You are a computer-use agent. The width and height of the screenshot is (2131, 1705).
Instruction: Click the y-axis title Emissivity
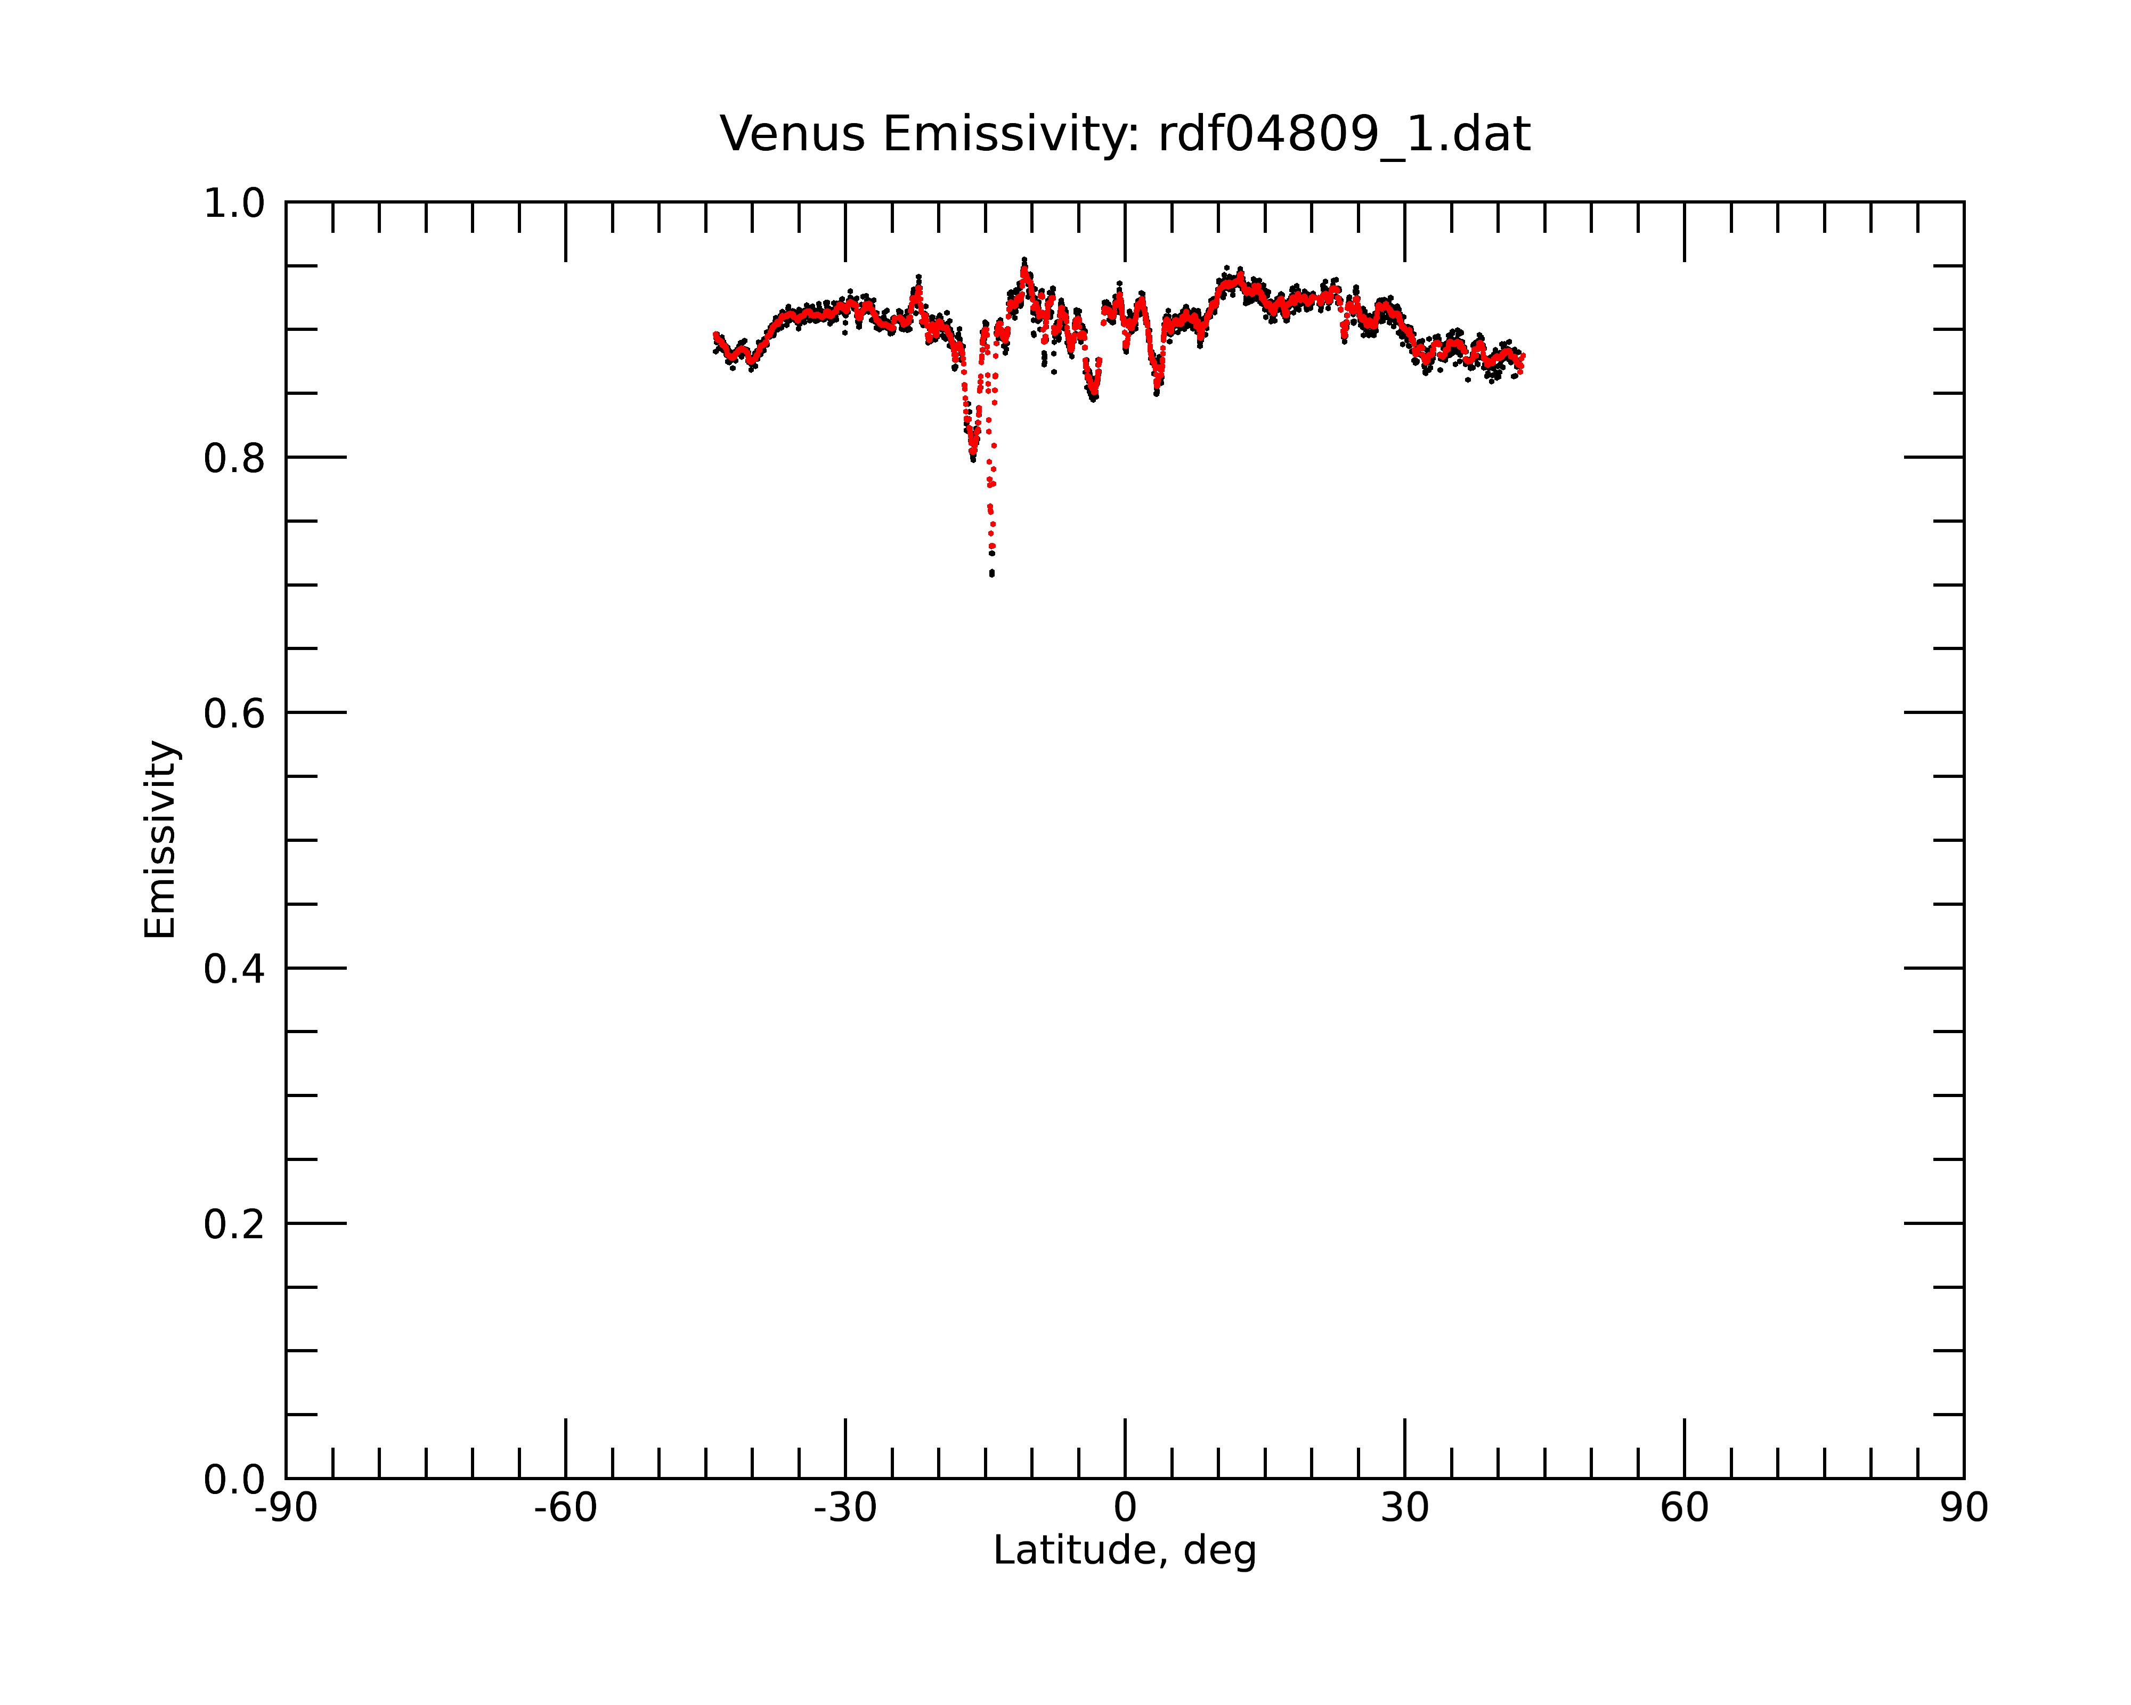pyautogui.click(x=160, y=839)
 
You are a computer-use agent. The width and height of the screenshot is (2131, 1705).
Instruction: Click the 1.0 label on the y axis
pyautogui.click(x=234, y=204)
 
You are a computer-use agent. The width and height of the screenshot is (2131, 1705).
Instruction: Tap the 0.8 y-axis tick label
pyautogui.click(x=234, y=459)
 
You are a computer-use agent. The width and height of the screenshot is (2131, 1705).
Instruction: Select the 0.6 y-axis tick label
pyautogui.click(x=234, y=713)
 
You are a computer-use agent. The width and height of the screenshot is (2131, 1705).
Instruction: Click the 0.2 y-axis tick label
pyautogui.click(x=234, y=1224)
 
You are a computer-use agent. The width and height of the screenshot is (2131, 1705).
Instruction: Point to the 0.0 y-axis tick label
pyautogui.click(x=234, y=1480)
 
